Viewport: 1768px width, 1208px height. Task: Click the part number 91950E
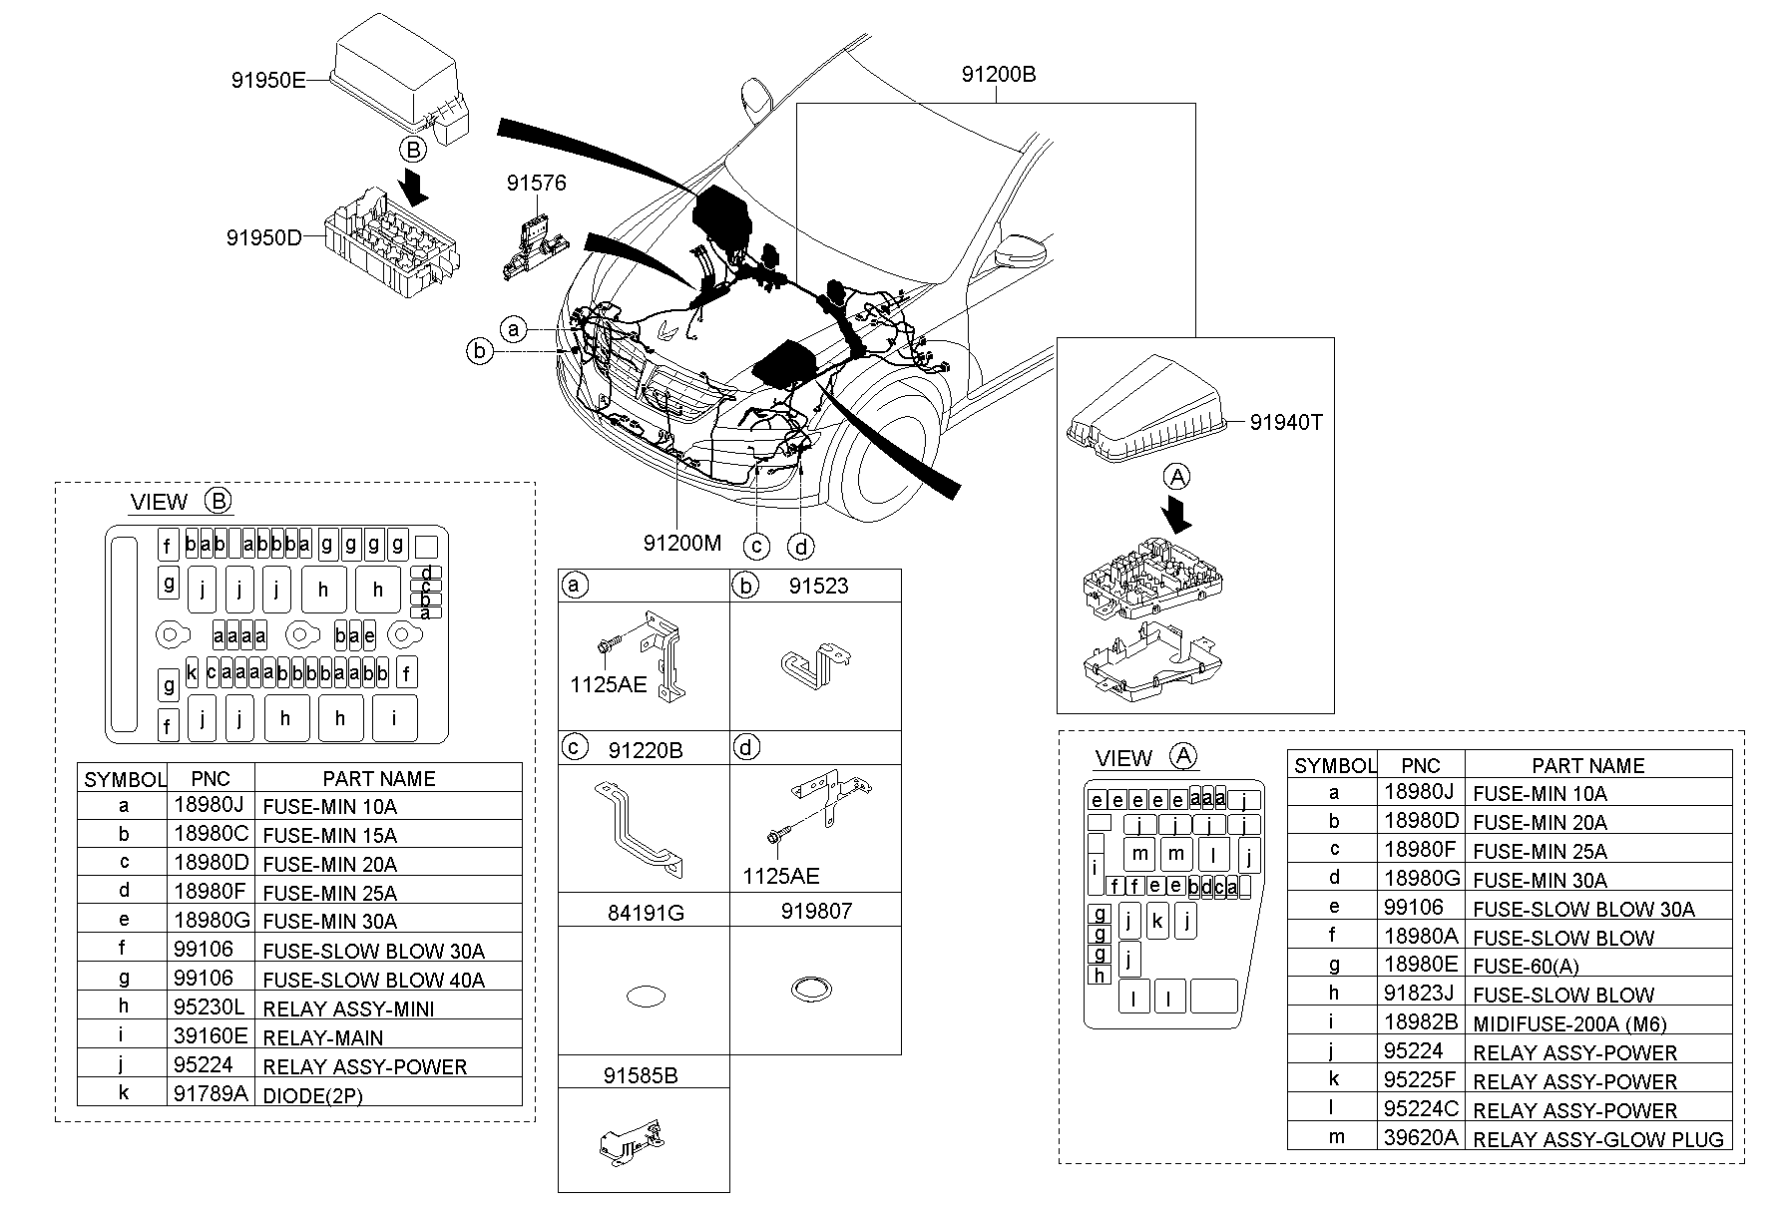(268, 81)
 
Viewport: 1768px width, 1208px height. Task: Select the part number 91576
(536, 184)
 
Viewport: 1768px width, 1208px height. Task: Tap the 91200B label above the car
(999, 75)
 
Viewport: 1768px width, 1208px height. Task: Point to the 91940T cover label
(1285, 423)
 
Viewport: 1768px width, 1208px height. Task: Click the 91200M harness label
(681, 544)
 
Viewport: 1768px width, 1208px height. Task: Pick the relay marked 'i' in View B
(394, 717)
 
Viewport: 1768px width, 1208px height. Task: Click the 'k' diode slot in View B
(192, 673)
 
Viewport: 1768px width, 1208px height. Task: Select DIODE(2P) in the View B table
(312, 1095)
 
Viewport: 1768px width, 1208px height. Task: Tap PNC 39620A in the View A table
(1420, 1137)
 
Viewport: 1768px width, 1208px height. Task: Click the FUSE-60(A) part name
(1526, 966)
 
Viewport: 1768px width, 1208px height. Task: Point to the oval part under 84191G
(644, 996)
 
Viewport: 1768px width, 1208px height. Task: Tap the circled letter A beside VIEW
(1182, 757)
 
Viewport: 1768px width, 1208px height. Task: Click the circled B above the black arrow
(413, 150)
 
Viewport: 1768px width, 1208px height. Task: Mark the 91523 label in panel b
(818, 587)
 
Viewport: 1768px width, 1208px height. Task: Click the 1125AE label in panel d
(780, 876)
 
